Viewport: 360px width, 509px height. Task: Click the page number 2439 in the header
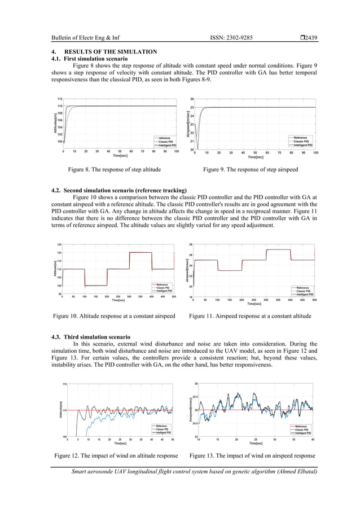click(x=310, y=38)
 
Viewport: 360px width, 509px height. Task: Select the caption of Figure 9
click(x=251, y=169)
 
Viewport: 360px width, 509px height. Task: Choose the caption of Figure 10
click(x=113, y=316)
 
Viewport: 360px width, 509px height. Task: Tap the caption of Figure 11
click(x=250, y=316)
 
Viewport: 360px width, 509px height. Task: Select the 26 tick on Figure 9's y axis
click(x=192, y=99)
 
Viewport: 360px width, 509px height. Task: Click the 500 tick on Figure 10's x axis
click(x=173, y=296)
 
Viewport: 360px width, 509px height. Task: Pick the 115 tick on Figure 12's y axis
click(x=65, y=384)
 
